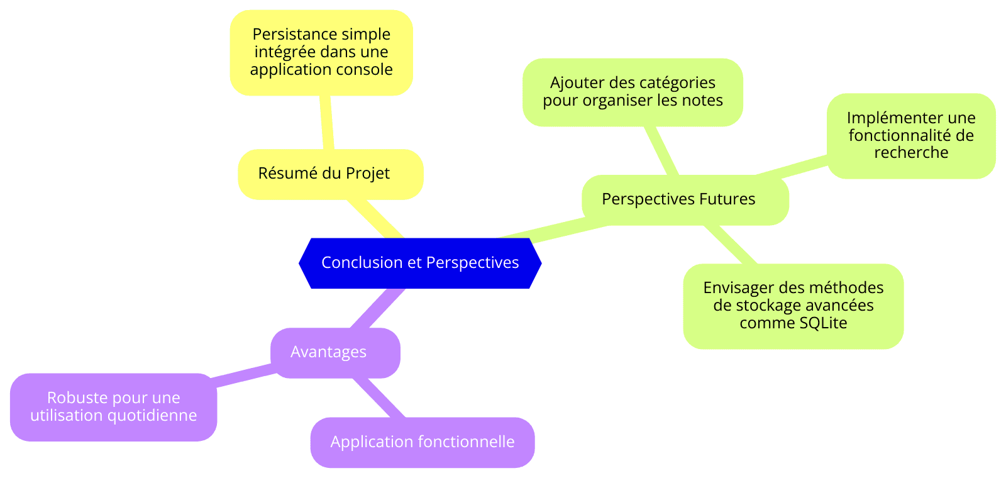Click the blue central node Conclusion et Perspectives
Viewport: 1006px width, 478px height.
(x=420, y=263)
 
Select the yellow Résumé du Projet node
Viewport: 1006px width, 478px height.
(x=331, y=174)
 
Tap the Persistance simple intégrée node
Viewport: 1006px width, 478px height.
(x=321, y=53)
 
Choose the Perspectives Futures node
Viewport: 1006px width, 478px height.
(x=685, y=200)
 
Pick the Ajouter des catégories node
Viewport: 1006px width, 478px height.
(x=633, y=92)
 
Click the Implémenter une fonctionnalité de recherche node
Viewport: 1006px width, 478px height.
(x=911, y=136)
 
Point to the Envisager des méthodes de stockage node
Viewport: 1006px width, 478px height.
(x=793, y=306)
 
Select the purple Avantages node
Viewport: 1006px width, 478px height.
(x=335, y=353)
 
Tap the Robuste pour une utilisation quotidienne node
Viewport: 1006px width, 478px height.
(x=114, y=407)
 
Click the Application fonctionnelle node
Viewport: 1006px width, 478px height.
(x=423, y=443)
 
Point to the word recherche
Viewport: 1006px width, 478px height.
(x=911, y=153)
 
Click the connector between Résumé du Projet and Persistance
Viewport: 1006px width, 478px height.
(x=326, y=122)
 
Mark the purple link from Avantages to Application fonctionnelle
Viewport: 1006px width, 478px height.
(x=379, y=398)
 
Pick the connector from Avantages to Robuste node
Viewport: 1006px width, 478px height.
(x=243, y=375)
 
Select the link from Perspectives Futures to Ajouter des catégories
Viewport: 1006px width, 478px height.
(x=661, y=150)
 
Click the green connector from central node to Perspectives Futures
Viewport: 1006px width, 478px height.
(x=554, y=230)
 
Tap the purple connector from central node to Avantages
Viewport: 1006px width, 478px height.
(x=378, y=308)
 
